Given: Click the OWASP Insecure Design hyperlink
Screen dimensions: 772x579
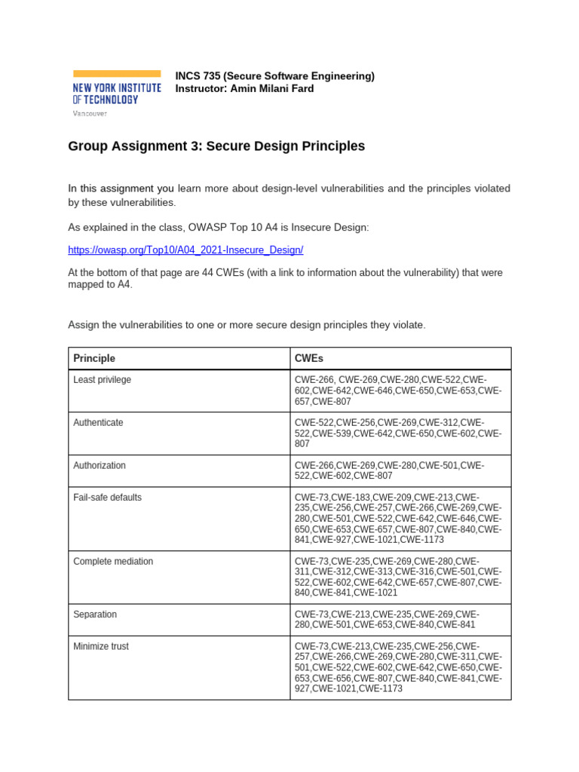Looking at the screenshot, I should tap(185, 250).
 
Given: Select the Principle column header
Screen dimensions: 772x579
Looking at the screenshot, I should tap(94, 358).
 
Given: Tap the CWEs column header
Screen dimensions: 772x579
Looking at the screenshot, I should tap(309, 358).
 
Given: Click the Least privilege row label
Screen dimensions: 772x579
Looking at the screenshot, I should tap(102, 380).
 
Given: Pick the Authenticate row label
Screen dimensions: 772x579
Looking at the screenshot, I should tap(98, 423).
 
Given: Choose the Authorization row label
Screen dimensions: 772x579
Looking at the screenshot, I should tap(100, 466).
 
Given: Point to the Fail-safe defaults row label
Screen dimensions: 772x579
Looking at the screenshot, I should tap(107, 498).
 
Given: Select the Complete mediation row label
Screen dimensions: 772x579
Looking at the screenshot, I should tap(113, 562).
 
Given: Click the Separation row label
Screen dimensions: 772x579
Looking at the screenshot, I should tap(95, 614).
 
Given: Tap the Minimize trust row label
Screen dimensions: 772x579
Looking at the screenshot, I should tap(102, 646).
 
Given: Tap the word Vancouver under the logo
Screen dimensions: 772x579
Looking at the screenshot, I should tap(90, 113).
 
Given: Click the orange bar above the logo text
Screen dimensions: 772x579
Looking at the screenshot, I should tap(116, 73).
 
